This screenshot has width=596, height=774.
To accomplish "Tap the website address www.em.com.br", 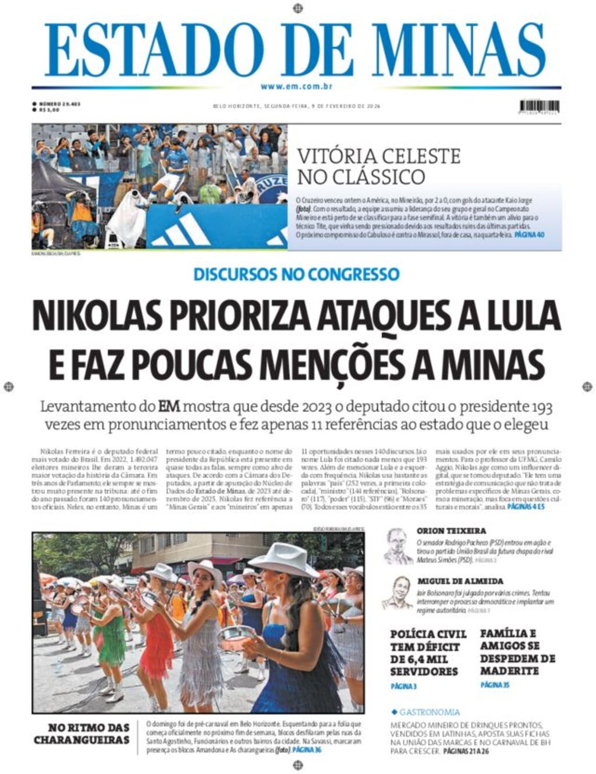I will point(297,87).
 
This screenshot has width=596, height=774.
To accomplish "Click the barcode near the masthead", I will point(539,106).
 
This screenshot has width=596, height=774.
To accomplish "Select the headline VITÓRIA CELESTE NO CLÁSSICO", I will point(378,166).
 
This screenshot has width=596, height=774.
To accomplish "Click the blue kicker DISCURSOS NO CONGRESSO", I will point(297,274).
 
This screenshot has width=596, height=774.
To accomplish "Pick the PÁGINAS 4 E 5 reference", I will point(526,507).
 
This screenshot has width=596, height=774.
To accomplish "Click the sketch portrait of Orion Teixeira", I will point(398,545).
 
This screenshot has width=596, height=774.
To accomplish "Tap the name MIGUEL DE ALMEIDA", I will point(460,581).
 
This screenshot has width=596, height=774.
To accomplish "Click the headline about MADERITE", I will point(517,652).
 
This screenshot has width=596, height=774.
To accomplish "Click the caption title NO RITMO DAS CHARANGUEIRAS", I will point(81,733).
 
